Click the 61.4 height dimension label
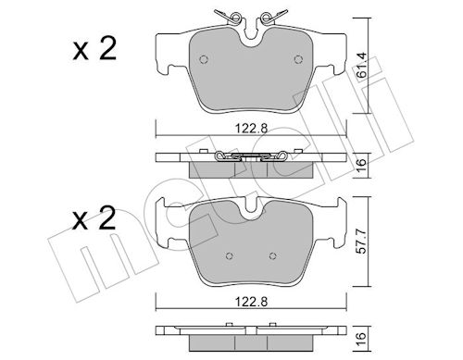pos(362,65)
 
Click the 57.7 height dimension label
pos(362,241)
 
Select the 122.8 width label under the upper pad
pos(251,128)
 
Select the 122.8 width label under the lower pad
pos(251,302)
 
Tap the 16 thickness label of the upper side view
pos(362,162)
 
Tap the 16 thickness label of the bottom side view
pos(362,339)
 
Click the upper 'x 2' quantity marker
pos(94,48)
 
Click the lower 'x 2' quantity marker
pos(94,218)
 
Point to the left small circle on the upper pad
pos(204,59)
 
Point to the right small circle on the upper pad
pos(298,59)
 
